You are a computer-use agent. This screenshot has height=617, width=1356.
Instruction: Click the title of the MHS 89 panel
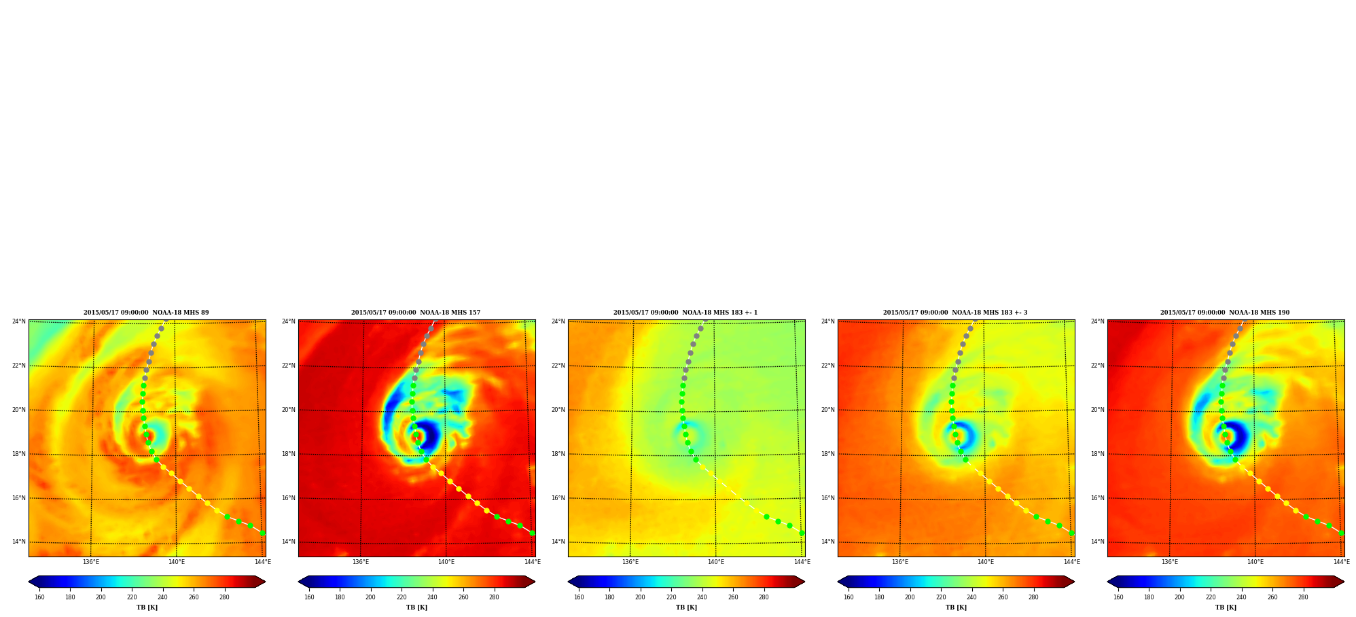(x=146, y=313)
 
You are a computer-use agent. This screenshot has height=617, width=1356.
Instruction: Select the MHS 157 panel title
(x=416, y=313)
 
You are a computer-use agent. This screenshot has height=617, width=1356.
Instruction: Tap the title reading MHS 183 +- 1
(x=685, y=313)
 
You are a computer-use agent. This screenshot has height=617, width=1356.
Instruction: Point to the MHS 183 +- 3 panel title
(x=955, y=313)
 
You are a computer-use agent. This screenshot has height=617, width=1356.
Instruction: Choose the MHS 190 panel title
(x=1225, y=313)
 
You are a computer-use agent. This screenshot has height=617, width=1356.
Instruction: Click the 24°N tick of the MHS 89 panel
(x=19, y=321)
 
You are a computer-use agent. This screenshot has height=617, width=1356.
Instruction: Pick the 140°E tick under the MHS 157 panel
(x=446, y=562)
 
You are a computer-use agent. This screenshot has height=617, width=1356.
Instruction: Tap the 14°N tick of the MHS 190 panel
(x=1098, y=542)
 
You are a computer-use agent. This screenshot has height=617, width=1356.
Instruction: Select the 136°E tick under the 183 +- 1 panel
(x=630, y=562)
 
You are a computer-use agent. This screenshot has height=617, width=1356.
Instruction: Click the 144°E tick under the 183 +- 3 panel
(x=1071, y=562)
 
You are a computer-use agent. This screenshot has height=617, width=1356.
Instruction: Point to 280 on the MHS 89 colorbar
(x=224, y=597)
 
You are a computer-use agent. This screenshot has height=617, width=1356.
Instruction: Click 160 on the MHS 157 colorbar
(x=309, y=597)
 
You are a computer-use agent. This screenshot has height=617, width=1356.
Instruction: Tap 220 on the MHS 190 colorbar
(x=1211, y=597)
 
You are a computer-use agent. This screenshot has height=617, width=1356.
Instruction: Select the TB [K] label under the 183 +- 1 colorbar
(x=686, y=607)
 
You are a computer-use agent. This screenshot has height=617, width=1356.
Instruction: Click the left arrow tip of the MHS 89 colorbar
(x=29, y=582)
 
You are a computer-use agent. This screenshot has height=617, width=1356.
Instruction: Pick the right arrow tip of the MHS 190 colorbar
(x=1344, y=582)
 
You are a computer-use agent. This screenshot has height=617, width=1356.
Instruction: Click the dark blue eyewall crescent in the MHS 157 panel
(x=429, y=436)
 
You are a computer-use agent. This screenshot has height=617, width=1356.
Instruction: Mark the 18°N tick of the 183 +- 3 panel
(x=828, y=454)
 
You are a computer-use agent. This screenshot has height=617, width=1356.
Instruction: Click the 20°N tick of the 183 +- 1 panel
(x=558, y=410)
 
